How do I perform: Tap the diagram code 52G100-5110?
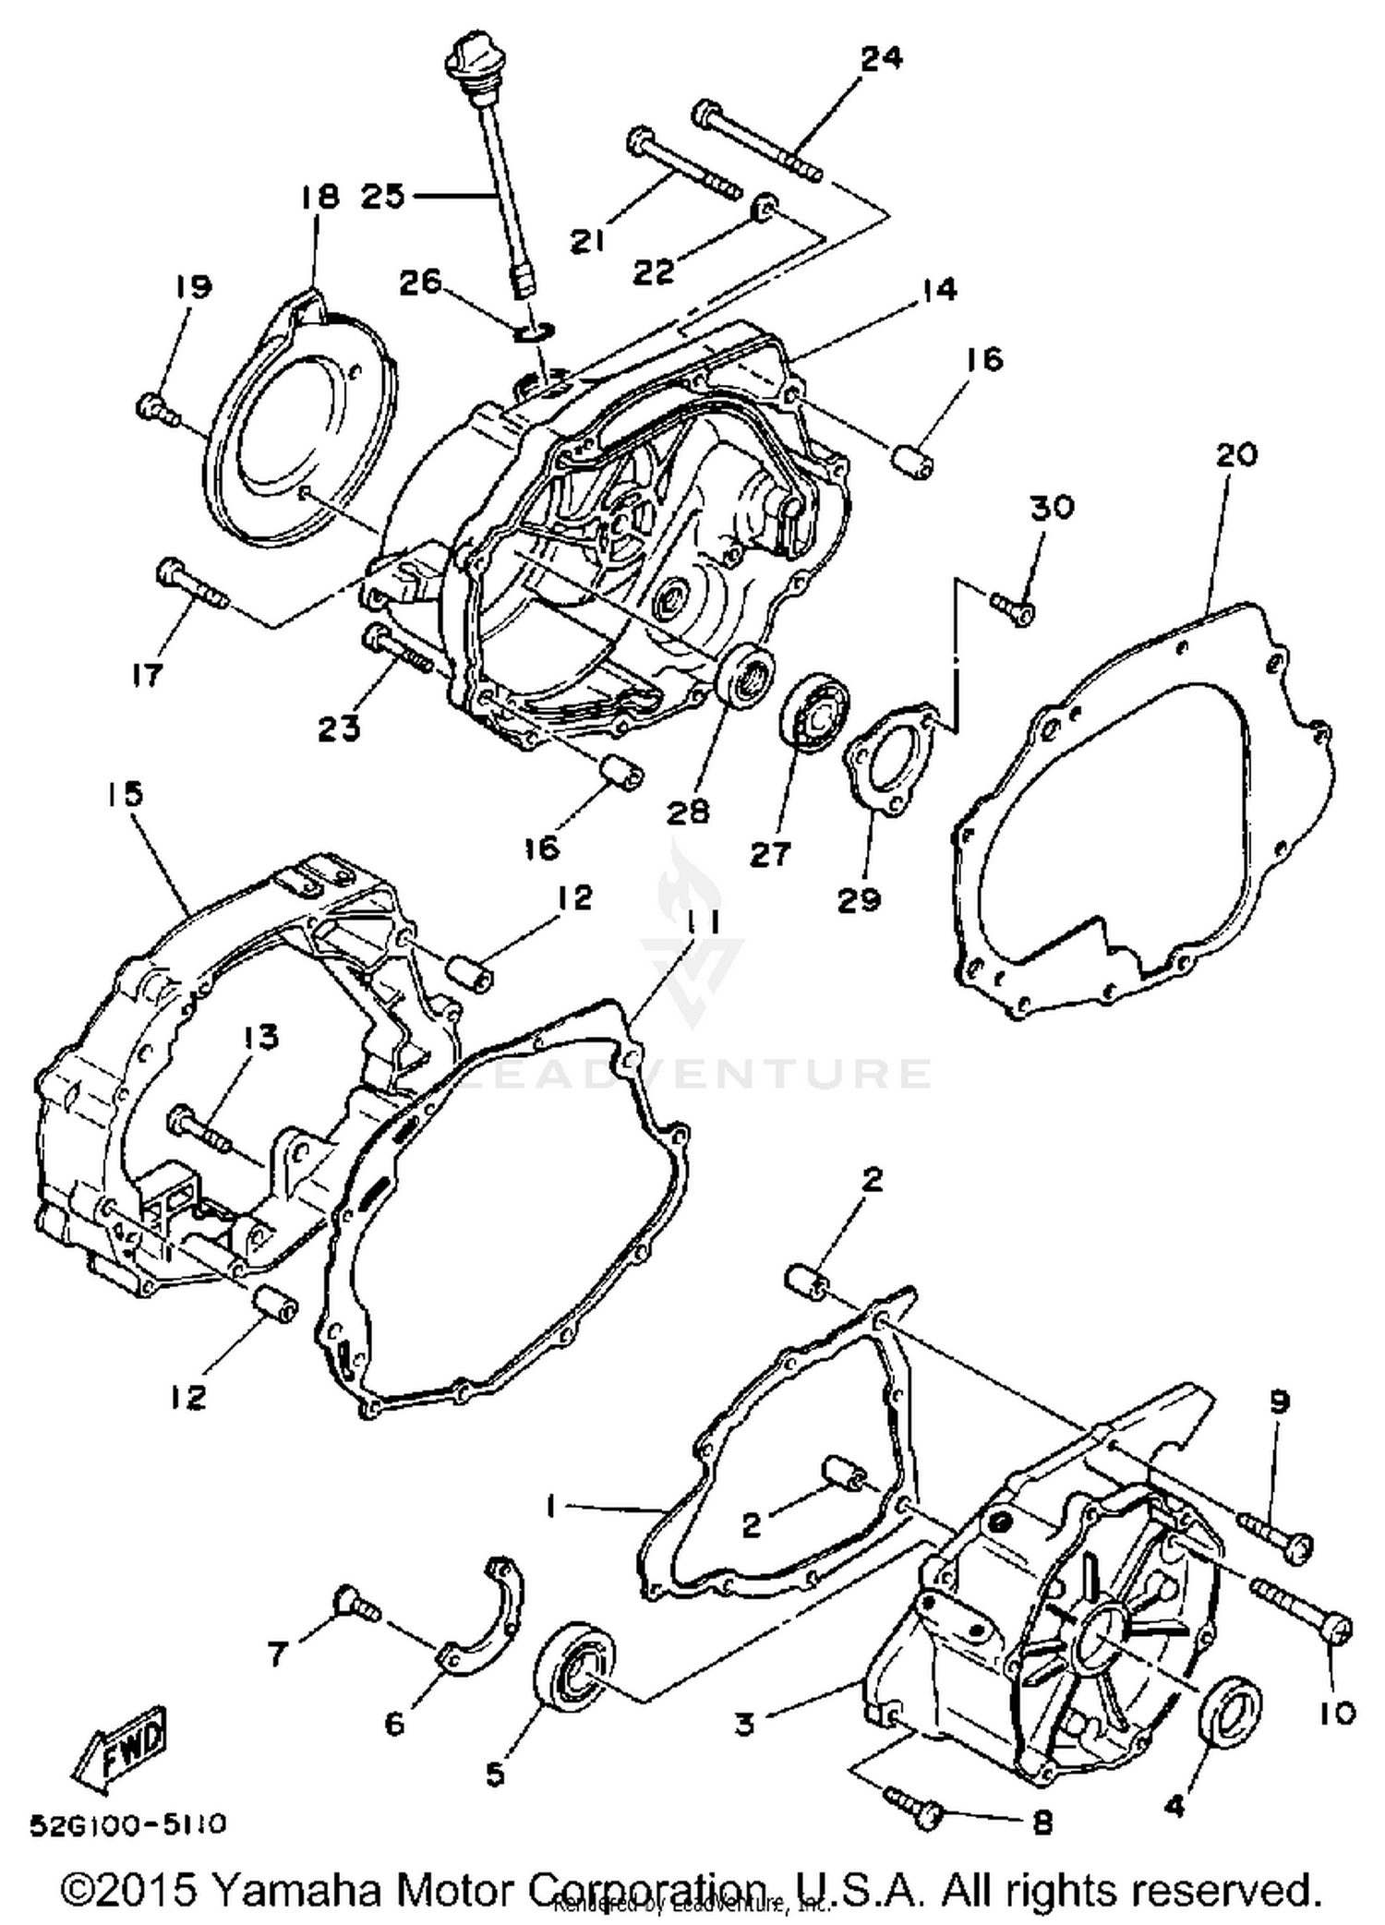[127, 1824]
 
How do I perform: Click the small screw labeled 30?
[1013, 605]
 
